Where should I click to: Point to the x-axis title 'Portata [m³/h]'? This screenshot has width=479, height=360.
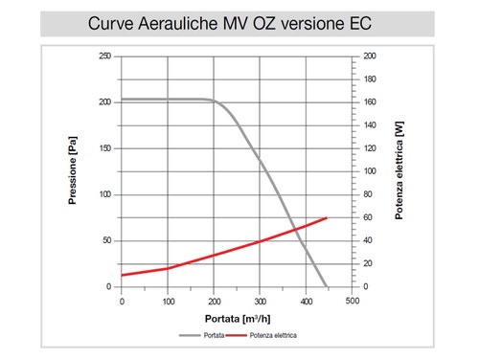coord(237,317)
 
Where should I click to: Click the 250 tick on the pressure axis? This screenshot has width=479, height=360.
coord(104,56)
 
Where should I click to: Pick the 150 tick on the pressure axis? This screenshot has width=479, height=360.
coord(104,148)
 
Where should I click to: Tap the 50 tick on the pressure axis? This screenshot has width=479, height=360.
coord(106,240)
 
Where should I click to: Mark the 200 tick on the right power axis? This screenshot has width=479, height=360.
coord(371,56)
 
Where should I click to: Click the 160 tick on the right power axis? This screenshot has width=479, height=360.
coord(371,102)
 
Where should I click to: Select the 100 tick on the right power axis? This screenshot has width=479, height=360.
coord(371,171)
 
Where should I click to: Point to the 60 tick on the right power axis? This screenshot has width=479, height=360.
coord(369,217)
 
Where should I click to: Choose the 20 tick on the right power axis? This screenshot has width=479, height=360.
coord(369,263)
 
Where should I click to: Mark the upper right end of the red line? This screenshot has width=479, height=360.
coord(328,218)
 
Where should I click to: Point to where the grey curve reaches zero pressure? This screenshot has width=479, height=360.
coord(327,286)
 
